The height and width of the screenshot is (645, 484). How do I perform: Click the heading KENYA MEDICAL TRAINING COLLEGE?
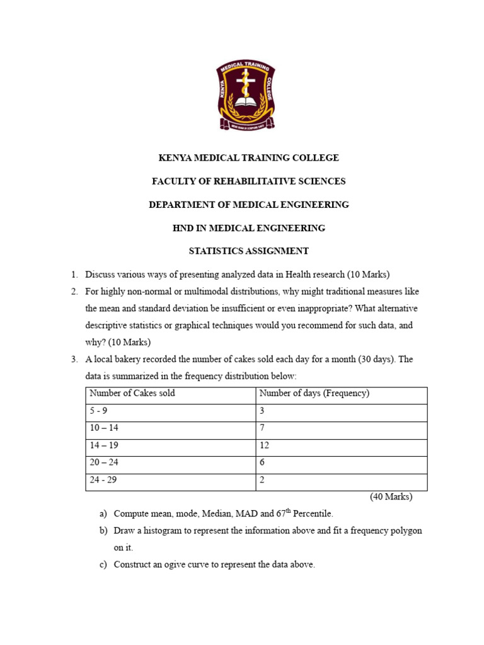point(248,158)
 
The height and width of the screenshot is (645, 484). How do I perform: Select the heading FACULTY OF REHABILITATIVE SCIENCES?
point(248,181)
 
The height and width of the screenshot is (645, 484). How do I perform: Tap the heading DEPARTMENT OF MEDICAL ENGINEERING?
point(248,205)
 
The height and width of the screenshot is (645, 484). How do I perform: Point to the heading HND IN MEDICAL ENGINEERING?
point(248,228)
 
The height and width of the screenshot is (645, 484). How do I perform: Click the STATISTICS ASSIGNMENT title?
point(248,251)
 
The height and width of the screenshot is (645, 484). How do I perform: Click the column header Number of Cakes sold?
point(132,394)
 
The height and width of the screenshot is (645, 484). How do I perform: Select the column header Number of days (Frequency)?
point(314,394)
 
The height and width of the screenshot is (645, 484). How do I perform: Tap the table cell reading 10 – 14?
point(104,428)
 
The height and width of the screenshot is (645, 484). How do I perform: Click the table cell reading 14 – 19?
point(104,445)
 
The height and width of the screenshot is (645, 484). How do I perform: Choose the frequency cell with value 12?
point(264,445)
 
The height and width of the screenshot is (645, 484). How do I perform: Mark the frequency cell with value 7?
point(262,428)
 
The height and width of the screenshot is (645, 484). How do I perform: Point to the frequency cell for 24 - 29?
point(262,480)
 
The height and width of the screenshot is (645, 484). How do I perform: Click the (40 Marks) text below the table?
point(391,496)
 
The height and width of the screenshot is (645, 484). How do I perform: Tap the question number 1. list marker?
point(74,274)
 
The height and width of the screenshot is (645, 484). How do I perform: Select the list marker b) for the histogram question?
point(103,531)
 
